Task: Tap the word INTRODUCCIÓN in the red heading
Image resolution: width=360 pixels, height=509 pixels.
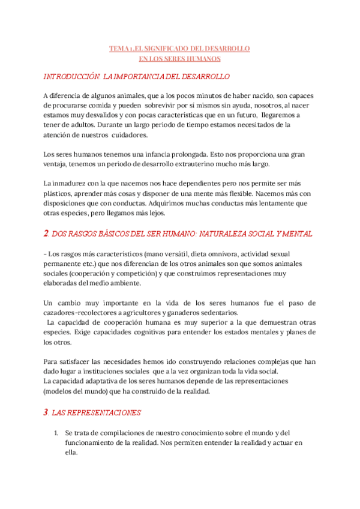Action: [72, 77]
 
